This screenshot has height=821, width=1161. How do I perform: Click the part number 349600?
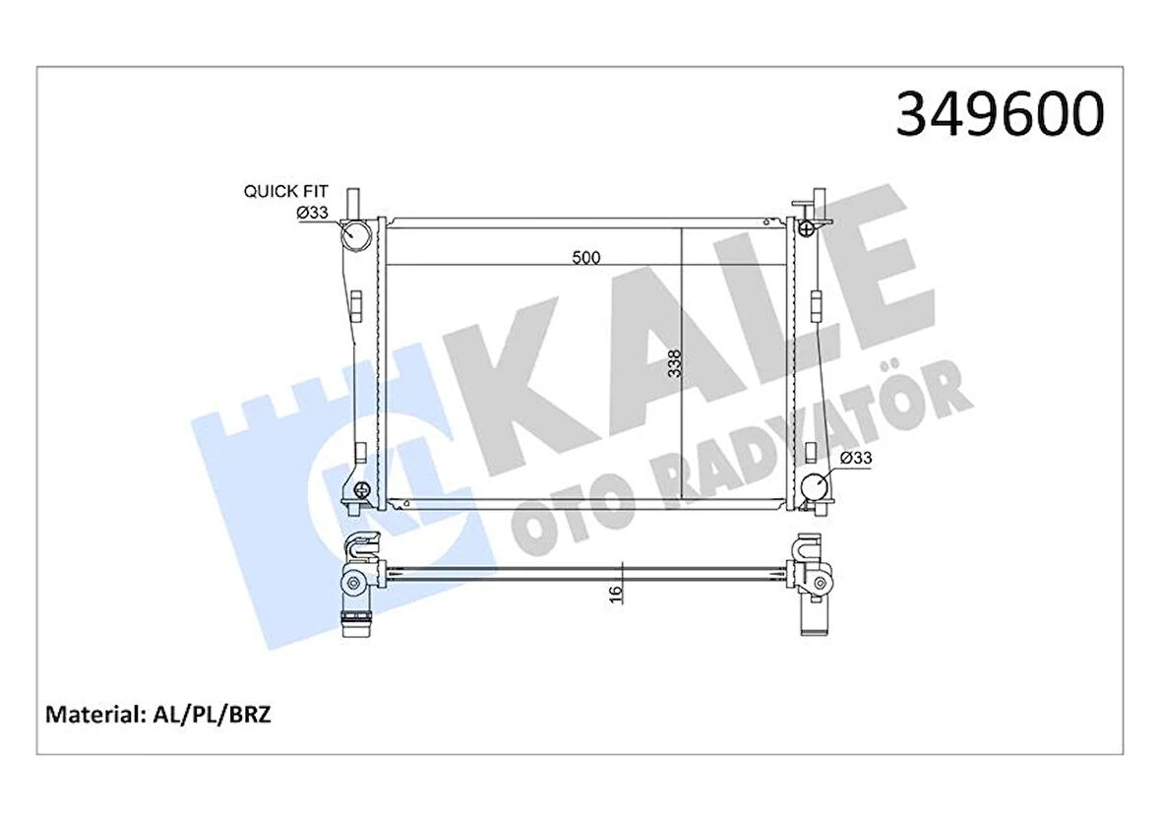point(1000,114)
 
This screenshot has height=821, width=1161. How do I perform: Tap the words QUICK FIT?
point(285,192)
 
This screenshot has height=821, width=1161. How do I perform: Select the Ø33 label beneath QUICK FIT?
point(312,213)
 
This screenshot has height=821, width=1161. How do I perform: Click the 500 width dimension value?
point(585,258)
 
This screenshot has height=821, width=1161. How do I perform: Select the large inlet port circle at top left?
point(355,235)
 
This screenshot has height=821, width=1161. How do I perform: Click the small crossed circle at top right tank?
point(807,229)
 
